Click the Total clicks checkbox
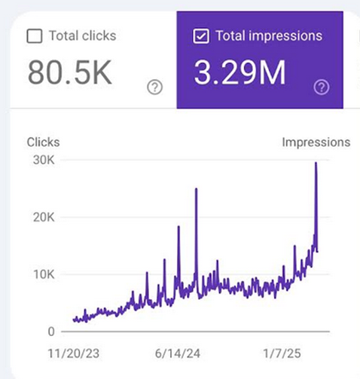[34, 36]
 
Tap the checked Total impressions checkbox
[201, 36]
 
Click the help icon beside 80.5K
[155, 87]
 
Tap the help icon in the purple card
[322, 87]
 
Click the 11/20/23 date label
[73, 353]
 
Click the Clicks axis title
[43, 142]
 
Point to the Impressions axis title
[316, 142]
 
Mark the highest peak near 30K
[316, 164]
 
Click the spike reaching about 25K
[196, 190]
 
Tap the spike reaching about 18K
[178, 228]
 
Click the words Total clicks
[82, 35]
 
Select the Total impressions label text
[269, 35]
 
